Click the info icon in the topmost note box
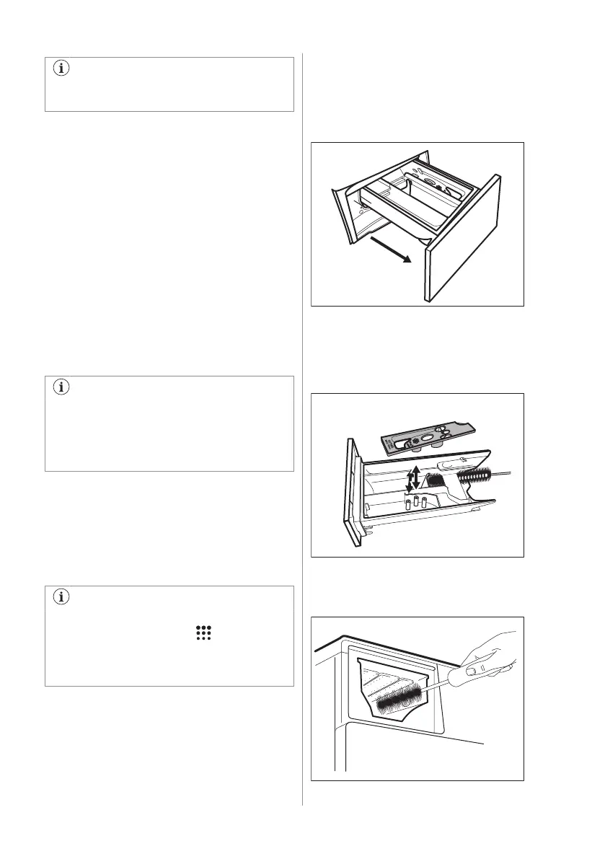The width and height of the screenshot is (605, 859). pyautogui.click(x=61, y=71)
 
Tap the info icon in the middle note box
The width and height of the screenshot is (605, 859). pyautogui.click(x=61, y=388)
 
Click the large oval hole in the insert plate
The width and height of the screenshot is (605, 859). pyautogui.click(x=428, y=437)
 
